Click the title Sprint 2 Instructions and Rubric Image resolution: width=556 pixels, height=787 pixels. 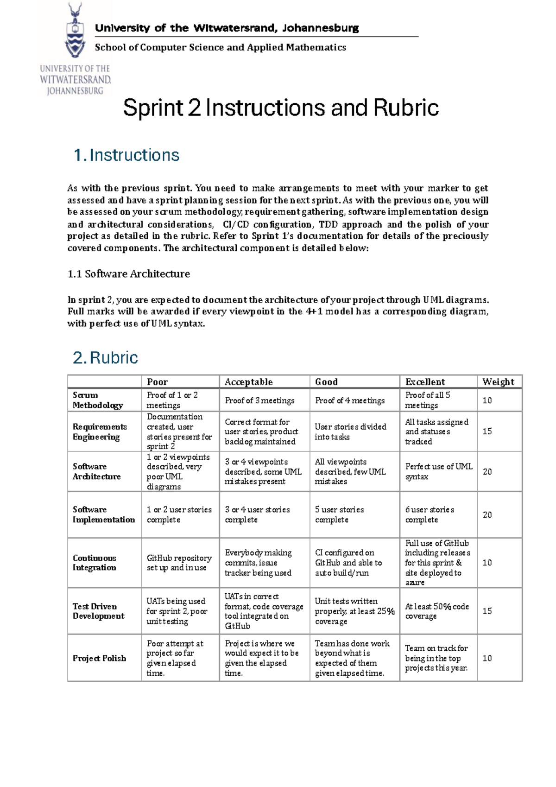[280, 108]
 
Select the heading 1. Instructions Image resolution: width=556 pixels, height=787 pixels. [126, 155]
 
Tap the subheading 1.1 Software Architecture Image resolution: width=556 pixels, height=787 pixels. [129, 274]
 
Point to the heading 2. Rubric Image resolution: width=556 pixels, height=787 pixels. [106, 358]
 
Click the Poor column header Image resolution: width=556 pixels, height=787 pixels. [158, 382]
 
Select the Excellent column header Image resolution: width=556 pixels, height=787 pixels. [425, 382]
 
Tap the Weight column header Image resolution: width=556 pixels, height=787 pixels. [498, 382]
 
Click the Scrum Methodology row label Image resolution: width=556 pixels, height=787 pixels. [98, 400]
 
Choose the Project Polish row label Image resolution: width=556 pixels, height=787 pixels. [99, 658]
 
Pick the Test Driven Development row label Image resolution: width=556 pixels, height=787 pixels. [98, 611]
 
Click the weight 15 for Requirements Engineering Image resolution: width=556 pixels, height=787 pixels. [487, 432]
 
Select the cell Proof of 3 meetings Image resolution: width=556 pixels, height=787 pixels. [259, 400]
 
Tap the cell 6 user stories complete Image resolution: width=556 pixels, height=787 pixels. [430, 514]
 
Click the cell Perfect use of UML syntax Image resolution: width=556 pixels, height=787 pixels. [438, 471]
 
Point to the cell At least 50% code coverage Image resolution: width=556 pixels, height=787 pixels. [436, 611]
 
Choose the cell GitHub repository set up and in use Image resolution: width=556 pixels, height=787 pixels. [179, 563]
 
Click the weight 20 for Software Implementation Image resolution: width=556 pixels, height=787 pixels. [487, 514]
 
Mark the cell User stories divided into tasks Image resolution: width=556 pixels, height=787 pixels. [350, 432]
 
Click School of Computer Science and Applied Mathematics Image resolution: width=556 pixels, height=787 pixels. [221, 47]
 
